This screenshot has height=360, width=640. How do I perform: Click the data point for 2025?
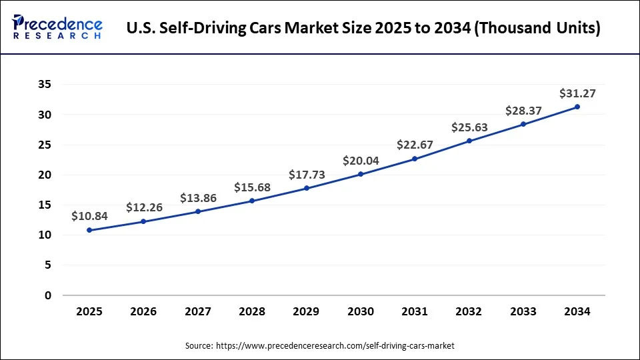tap(89, 230)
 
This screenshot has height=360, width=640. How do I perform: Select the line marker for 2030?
tap(361, 174)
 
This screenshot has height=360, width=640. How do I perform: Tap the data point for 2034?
tap(577, 107)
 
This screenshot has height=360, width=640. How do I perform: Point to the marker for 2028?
tap(252, 201)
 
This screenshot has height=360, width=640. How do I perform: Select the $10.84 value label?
tap(90, 216)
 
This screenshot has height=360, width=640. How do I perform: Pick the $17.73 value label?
tap(307, 174)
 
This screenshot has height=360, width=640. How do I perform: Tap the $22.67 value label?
tap(415, 144)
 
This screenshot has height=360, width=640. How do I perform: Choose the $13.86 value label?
tap(198, 198)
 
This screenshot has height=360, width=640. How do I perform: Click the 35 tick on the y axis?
tap(45, 85)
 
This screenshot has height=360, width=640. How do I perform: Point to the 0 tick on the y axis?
tap(48, 295)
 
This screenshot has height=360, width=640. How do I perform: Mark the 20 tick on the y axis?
tap(45, 175)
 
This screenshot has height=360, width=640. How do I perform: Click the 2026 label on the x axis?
tap(143, 311)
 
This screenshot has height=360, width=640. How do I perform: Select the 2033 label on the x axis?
tap(523, 311)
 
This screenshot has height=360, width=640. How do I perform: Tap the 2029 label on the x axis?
tap(306, 311)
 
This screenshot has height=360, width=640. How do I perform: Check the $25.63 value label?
tap(469, 127)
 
